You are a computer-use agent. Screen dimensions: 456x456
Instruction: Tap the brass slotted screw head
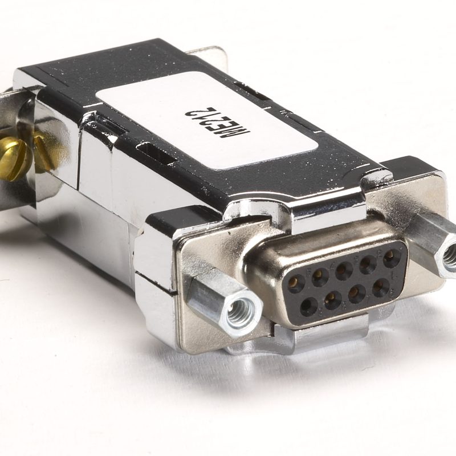(x=13, y=158)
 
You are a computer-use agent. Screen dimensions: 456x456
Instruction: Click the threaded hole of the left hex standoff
(x=241, y=311)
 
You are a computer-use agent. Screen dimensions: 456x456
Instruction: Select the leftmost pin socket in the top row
(x=296, y=283)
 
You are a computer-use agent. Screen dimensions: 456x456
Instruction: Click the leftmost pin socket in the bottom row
(x=308, y=307)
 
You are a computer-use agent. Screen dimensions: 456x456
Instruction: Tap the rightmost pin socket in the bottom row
(x=380, y=288)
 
